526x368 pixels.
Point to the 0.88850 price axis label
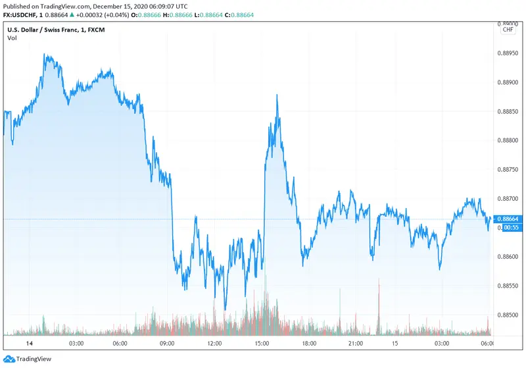(x=508, y=111)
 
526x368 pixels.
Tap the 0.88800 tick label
(x=508, y=140)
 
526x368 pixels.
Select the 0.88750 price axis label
(x=508, y=169)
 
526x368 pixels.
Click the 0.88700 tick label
(x=508, y=198)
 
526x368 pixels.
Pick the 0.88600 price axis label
(x=508, y=257)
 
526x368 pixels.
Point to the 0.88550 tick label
(x=508, y=286)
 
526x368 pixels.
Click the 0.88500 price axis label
(x=508, y=315)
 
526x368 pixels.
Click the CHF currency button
(x=508, y=29)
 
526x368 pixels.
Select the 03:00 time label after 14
(x=75, y=344)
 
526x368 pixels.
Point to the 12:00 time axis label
(x=214, y=344)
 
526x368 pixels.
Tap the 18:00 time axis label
(x=309, y=344)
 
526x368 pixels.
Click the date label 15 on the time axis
(x=395, y=344)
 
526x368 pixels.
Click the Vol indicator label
(x=12, y=38)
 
